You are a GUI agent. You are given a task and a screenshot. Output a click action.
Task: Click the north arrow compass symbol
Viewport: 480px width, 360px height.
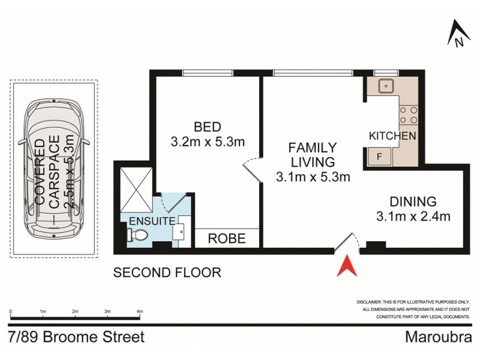click(458, 34)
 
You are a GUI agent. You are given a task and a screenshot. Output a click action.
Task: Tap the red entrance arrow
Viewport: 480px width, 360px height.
click(346, 266)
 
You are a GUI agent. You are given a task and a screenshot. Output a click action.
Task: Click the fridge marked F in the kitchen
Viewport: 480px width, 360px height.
click(379, 157)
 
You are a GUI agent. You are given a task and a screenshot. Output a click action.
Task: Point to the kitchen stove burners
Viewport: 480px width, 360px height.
click(409, 115)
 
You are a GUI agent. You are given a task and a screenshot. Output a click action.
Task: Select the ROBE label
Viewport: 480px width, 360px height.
click(226, 238)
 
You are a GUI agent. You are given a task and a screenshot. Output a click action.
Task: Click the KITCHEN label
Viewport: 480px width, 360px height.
click(392, 136)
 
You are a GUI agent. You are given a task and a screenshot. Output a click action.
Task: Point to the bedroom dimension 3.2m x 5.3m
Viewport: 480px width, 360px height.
click(207, 142)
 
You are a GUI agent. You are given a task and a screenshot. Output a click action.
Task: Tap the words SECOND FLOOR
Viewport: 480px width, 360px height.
click(167, 272)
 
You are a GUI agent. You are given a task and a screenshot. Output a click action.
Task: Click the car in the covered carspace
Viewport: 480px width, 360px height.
click(53, 171)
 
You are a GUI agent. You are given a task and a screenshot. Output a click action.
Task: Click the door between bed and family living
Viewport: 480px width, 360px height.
click(252, 170)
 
